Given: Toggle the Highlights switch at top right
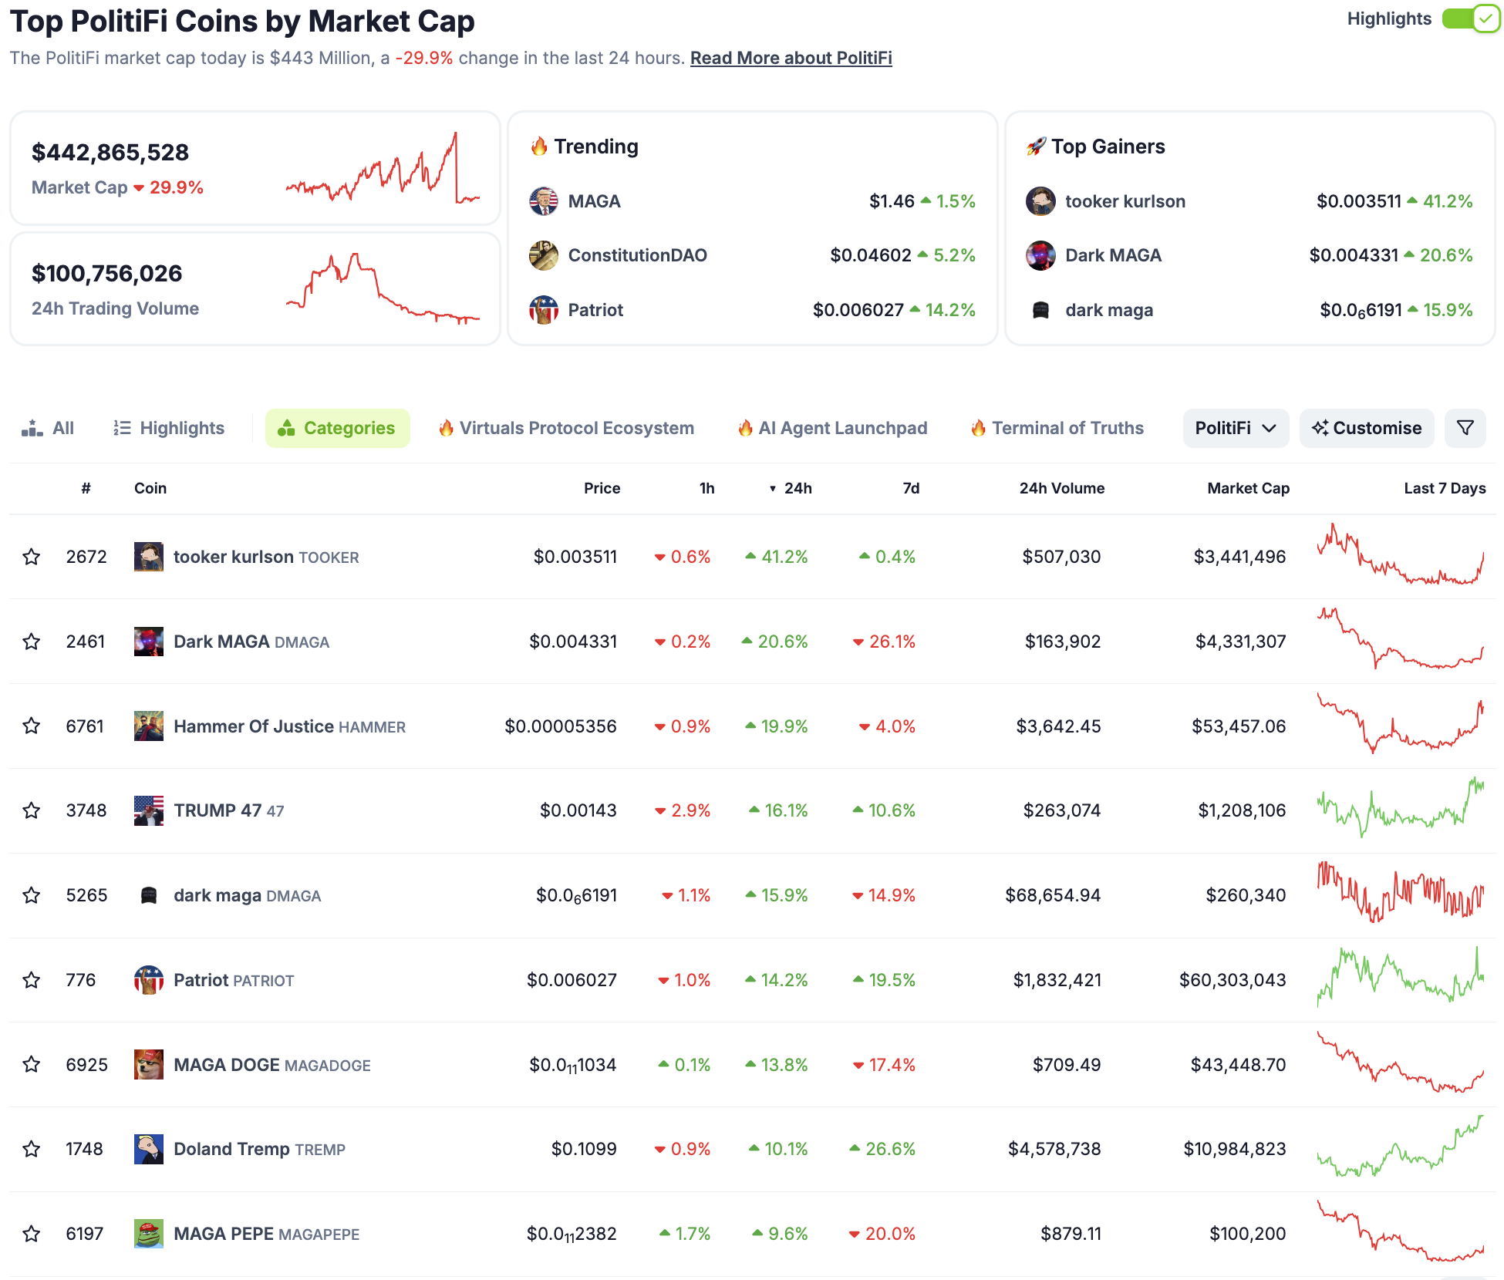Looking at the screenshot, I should click(x=1470, y=19).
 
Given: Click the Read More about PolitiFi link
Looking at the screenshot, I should click(x=791, y=58).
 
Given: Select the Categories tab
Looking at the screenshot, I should click(x=337, y=428).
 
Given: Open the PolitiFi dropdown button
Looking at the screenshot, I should click(x=1235, y=428).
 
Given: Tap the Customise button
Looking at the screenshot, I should click(x=1366, y=428).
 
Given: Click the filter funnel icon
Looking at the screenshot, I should click(x=1465, y=428).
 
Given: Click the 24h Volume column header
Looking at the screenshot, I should click(x=1061, y=488).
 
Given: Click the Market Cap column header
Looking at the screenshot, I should click(x=1248, y=488).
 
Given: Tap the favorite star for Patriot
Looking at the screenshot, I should click(x=32, y=980).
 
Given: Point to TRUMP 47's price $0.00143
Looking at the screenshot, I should click(x=578, y=810).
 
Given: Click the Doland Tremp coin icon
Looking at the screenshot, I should click(x=148, y=1149).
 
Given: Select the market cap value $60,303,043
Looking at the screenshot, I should click(x=1232, y=980).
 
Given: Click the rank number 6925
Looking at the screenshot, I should click(x=86, y=1065).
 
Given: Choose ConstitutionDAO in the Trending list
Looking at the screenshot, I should click(x=637, y=255).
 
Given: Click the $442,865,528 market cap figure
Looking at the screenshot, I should click(x=110, y=153).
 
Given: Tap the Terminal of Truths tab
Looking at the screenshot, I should click(x=1067, y=428).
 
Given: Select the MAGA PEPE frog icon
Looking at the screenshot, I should click(x=148, y=1234).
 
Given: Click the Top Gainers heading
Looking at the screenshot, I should click(x=1108, y=147).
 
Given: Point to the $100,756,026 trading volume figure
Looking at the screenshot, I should click(x=107, y=274).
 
